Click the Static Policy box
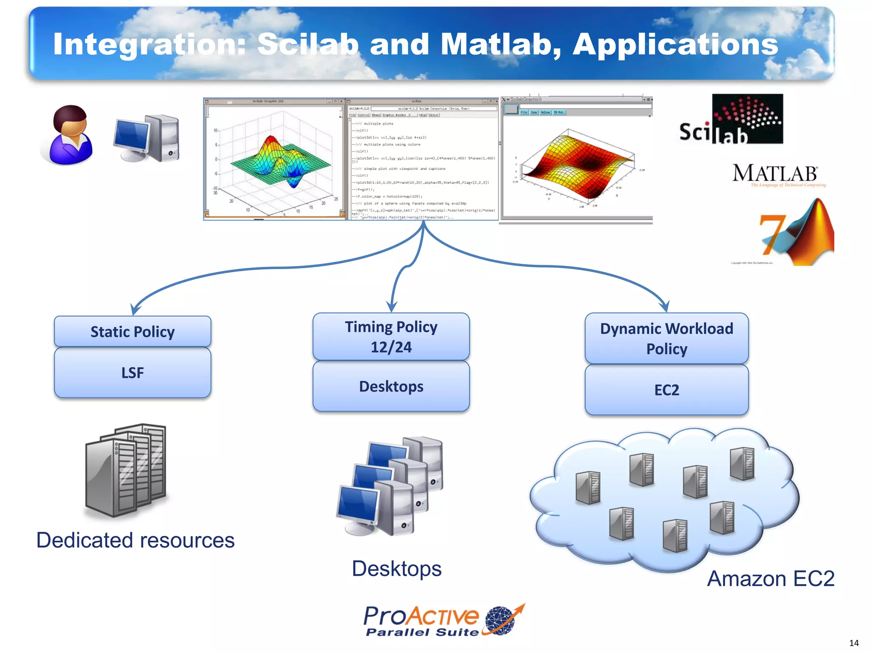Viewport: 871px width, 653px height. click(132, 332)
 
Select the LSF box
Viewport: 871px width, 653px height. click(132, 373)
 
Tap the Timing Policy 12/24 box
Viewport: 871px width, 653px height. click(391, 337)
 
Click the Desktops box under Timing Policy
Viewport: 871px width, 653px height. click(391, 386)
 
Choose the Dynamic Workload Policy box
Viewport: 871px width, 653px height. click(666, 338)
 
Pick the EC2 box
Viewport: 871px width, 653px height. click(666, 390)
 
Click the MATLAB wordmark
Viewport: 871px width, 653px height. click(775, 173)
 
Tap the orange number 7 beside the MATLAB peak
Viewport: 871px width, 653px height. click(771, 234)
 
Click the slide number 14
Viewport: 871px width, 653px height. click(854, 643)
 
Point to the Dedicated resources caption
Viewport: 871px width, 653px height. click(135, 540)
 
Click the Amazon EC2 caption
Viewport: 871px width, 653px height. click(771, 579)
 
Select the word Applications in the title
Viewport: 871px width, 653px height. click(675, 44)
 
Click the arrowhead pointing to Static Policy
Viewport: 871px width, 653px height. click(135, 309)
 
